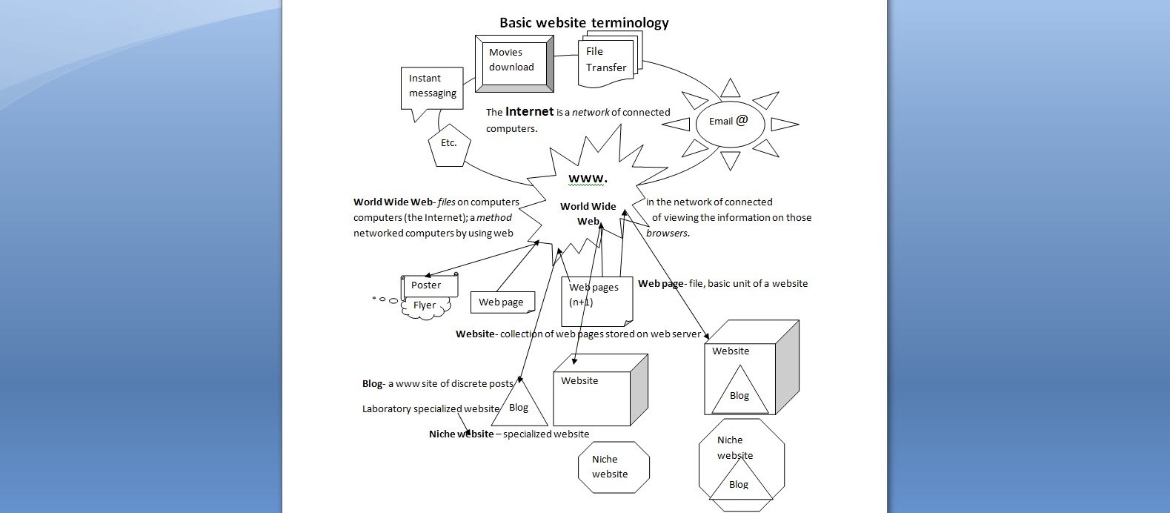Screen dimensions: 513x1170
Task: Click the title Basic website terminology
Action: (x=584, y=23)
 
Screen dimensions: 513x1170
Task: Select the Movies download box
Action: (x=513, y=62)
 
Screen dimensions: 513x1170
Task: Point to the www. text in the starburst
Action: (x=588, y=179)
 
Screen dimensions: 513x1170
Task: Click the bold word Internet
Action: (x=529, y=112)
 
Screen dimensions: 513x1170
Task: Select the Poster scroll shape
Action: (x=429, y=285)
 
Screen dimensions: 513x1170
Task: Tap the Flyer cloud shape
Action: (x=425, y=306)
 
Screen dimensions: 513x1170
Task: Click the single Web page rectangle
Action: (x=502, y=302)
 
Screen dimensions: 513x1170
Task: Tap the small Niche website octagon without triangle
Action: (x=613, y=467)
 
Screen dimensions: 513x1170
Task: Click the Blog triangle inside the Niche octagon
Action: (x=738, y=486)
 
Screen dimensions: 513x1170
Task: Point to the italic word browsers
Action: (x=667, y=234)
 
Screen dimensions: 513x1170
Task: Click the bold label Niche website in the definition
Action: (x=461, y=434)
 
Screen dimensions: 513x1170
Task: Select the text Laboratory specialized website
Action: (x=431, y=409)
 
